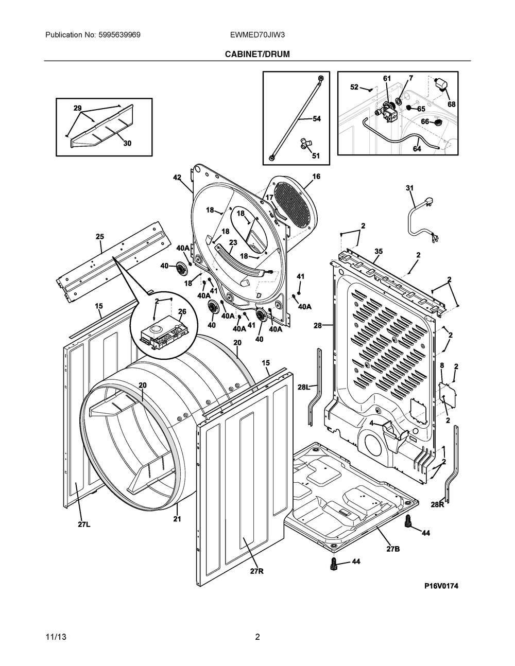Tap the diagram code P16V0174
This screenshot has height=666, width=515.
point(441,586)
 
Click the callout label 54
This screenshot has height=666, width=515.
point(317,119)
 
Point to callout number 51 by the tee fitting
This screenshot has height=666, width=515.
point(316,156)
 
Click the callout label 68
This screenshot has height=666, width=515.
point(451,104)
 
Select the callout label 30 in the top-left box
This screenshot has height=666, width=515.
point(127,144)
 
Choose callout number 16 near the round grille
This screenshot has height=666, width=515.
point(316,177)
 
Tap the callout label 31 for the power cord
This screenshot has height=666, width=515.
point(409,188)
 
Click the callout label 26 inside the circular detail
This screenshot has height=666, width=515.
point(182,311)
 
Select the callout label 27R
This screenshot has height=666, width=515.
point(256,571)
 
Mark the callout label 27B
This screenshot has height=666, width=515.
point(393,549)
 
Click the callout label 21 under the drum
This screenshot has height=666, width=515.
point(178,519)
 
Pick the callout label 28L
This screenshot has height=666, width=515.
point(304,387)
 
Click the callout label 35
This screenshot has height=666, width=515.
point(379,252)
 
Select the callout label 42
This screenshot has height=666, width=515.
point(177,178)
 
